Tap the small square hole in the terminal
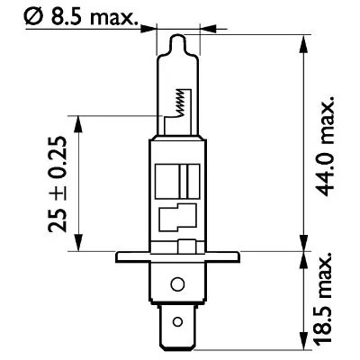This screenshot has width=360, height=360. tap(184, 320)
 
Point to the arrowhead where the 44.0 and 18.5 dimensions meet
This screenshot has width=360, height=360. tap(299, 250)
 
